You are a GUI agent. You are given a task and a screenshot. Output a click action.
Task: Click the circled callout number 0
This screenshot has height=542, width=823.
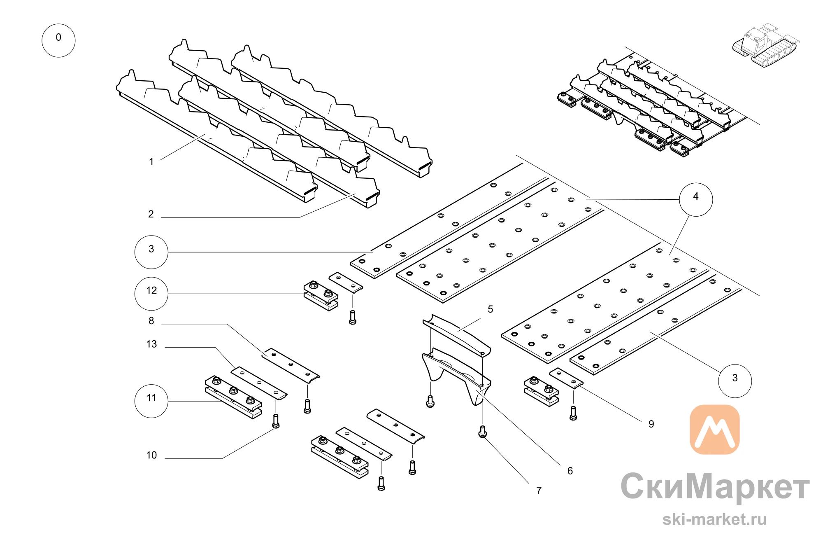pos(58,40)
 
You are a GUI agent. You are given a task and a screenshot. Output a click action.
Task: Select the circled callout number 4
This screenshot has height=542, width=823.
pos(696,199)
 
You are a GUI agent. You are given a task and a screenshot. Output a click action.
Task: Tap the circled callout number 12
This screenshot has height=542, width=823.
pos(151,293)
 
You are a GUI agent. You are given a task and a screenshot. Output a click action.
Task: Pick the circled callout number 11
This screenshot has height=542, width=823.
pos(151,401)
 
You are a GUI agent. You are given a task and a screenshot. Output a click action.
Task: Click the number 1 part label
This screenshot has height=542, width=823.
pos(151,162)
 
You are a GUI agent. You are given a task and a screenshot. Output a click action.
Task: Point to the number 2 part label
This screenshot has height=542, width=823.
pos(151,214)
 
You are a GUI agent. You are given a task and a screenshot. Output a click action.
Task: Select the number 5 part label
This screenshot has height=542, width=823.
pos(490,309)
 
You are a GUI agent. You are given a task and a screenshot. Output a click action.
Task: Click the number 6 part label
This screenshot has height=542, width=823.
pos(570,471)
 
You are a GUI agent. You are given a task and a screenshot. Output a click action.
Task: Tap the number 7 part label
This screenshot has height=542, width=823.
pos(539,491)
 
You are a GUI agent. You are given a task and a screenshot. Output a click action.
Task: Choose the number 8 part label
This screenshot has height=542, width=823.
pos(151,321)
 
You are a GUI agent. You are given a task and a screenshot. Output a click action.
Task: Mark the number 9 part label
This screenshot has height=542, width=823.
pos(651,424)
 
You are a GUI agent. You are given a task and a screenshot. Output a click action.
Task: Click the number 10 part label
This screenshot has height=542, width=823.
pos(151,455)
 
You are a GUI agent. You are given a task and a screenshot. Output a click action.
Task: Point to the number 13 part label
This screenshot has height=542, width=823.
pos(151,344)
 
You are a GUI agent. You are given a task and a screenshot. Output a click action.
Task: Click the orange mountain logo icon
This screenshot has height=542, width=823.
pos(715,429)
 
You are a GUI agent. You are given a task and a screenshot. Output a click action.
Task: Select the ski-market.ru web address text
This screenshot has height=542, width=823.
pos(715,519)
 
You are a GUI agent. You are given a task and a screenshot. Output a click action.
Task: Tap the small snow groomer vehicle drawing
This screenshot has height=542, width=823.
pos(765,45)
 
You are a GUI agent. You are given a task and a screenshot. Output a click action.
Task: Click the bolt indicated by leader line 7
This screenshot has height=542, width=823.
pos(483,432)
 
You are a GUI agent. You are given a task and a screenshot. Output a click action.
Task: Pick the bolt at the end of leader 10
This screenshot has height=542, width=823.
pos(276,421)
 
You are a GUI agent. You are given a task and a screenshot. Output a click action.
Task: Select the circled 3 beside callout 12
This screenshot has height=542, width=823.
pos(151,252)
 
